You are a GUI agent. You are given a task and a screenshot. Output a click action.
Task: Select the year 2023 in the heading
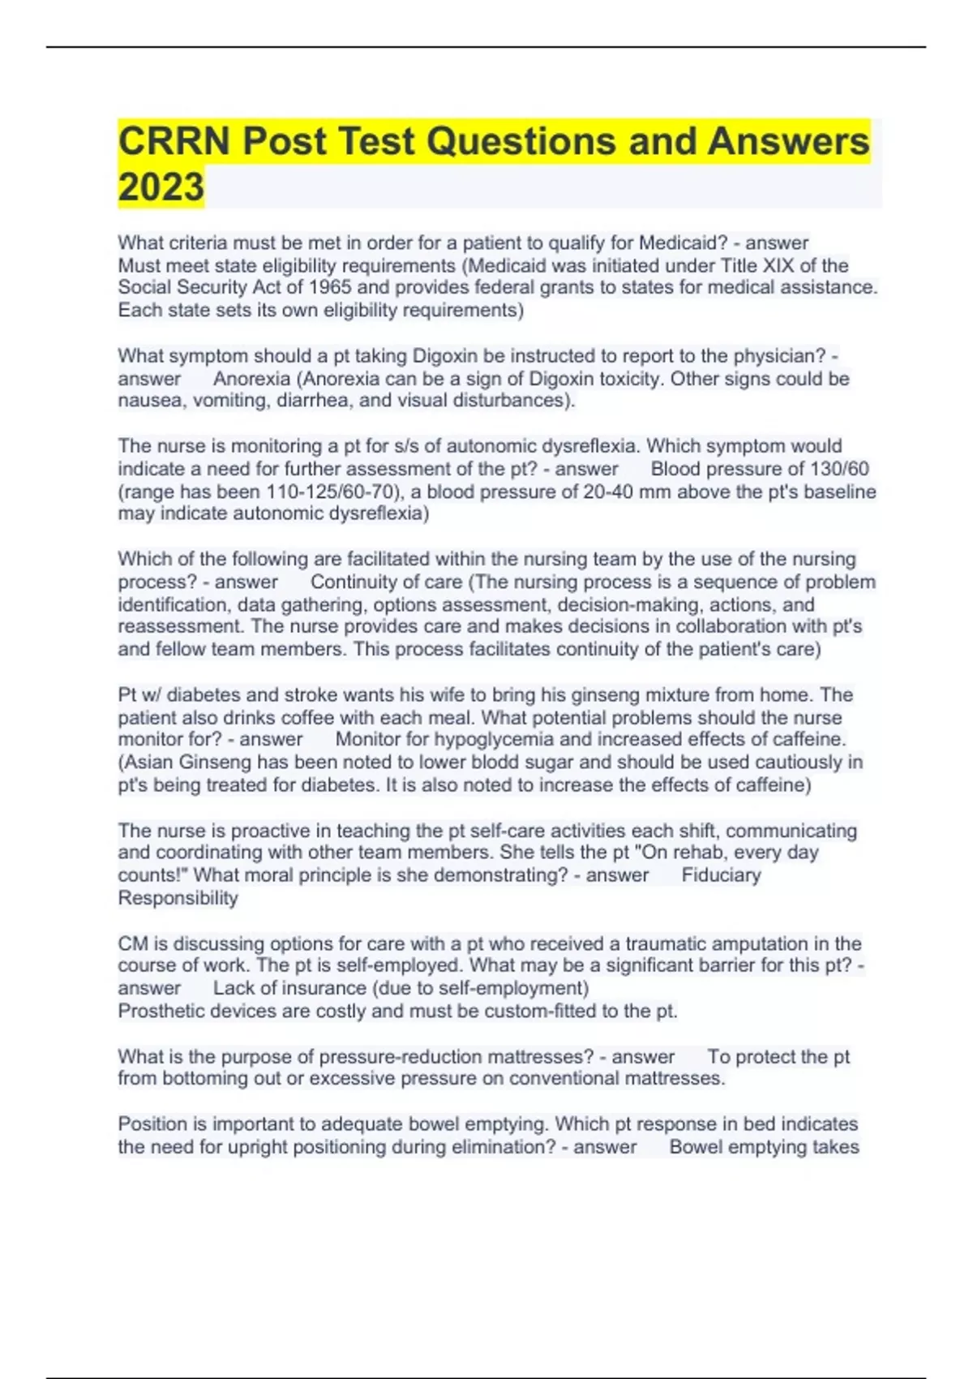(x=161, y=187)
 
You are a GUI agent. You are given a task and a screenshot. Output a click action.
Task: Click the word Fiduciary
(x=721, y=875)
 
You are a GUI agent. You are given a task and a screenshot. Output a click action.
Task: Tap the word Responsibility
(x=178, y=898)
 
